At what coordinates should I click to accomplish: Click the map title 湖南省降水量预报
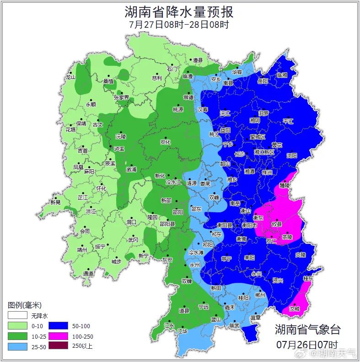coord(179,12)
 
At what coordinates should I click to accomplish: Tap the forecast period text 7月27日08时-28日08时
coord(179,25)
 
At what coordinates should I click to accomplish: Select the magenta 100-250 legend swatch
coord(58,336)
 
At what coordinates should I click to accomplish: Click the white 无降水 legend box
coord(17,315)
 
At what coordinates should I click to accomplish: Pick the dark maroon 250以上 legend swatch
coord(58,346)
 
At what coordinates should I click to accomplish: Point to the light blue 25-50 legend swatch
coord(17,346)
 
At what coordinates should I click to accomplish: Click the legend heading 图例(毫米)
coord(25,305)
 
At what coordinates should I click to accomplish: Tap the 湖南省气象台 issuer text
coord(307,329)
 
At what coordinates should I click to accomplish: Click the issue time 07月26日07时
coord(307,344)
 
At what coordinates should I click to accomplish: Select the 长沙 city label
coord(239,154)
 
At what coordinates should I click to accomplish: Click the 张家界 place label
coord(121,97)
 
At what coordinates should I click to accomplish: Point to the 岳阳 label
coord(263,81)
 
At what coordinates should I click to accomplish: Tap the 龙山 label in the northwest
coord(70,77)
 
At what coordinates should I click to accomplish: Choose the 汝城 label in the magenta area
coord(294,309)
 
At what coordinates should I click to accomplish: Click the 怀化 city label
coord(101,189)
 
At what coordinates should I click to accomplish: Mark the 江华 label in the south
coord(183,330)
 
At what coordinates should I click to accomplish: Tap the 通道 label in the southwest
coord(88,274)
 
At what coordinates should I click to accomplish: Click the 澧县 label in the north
coord(197,60)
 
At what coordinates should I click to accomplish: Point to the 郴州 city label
coord(260,296)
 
